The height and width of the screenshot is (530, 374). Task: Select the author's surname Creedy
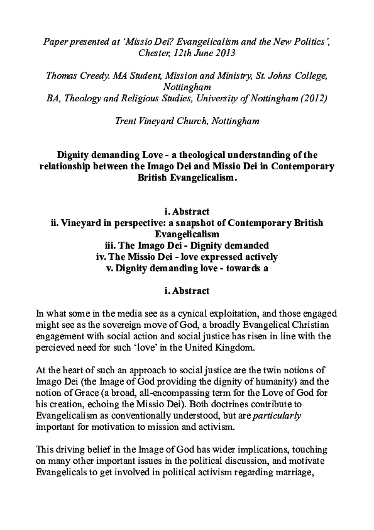point(92,76)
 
